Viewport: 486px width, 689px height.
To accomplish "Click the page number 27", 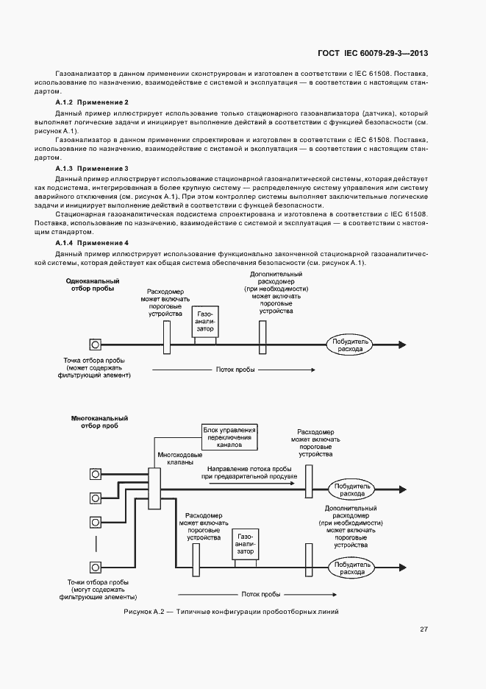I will (x=424, y=629).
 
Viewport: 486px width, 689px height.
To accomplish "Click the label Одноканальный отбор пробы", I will (x=93, y=285).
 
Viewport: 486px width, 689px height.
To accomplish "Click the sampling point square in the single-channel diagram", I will (x=95, y=344).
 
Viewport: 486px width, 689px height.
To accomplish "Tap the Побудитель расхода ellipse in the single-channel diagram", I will (x=351, y=344).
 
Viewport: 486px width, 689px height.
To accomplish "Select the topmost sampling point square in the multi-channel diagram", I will (x=95, y=473).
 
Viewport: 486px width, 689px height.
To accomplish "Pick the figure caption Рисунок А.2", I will (x=231, y=612).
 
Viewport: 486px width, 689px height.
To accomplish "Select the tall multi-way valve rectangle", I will (x=154, y=487).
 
